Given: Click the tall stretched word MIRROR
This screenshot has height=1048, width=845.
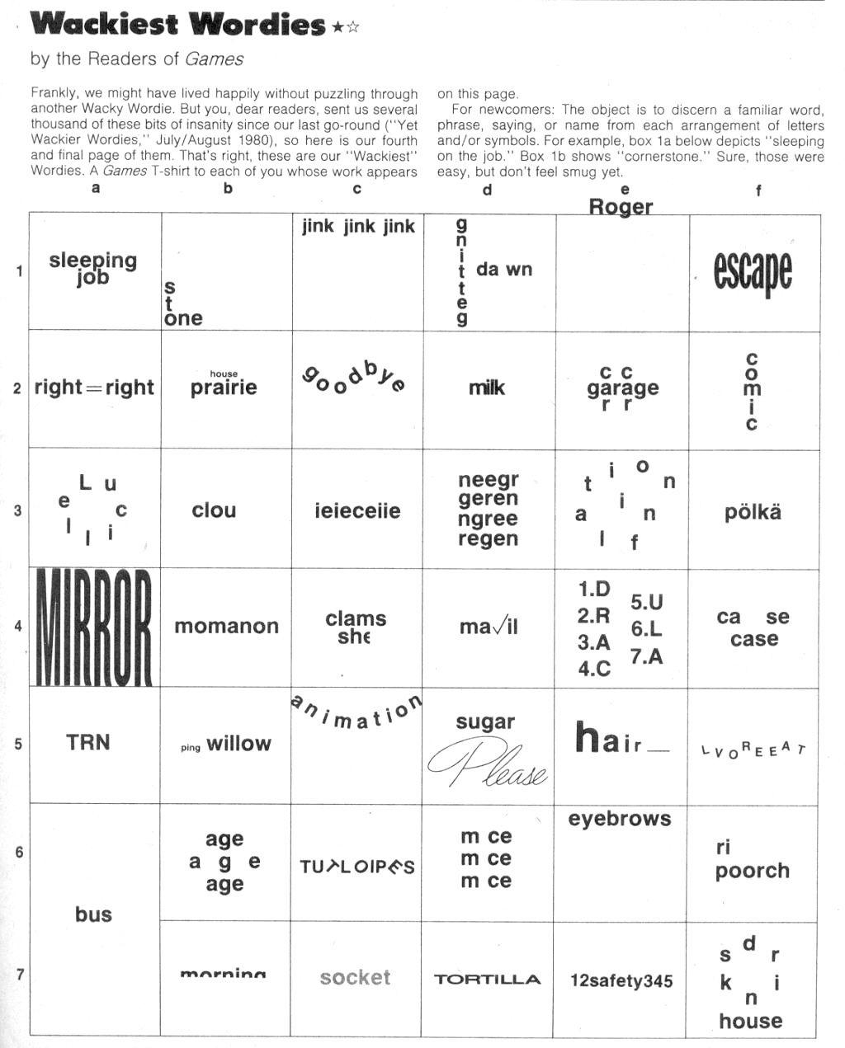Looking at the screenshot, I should (94, 627).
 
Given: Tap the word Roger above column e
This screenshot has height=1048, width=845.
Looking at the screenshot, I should (621, 206).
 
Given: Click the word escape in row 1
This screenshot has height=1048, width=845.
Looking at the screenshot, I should (753, 272).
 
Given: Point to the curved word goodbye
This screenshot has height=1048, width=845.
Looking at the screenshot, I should (354, 379).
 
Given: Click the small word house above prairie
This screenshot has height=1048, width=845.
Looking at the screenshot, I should (224, 374).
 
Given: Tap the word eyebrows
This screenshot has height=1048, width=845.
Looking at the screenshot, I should (620, 819).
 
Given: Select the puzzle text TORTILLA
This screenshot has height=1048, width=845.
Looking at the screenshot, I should (487, 980).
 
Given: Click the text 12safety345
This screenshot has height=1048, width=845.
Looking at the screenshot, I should (621, 980).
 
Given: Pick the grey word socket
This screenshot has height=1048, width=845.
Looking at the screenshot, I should (355, 978).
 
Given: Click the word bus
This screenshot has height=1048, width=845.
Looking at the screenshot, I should (93, 914).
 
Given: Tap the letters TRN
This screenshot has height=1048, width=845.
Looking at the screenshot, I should (87, 742).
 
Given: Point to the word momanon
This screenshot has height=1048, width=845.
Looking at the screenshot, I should (226, 627).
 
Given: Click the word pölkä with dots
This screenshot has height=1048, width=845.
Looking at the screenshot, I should (753, 512).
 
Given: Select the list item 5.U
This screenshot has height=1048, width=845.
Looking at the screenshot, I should (647, 602).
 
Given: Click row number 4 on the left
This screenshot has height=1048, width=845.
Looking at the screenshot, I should (18, 626).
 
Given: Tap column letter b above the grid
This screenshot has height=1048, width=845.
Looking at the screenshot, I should (228, 188).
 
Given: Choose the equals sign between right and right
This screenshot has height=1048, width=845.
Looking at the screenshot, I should (94, 388).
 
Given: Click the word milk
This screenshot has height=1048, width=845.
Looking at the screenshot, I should (487, 388).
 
